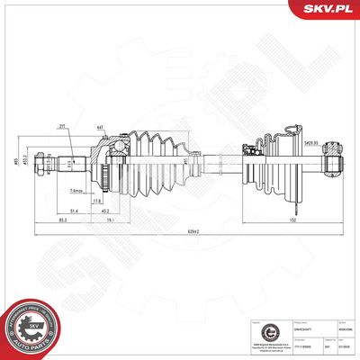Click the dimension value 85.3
click(62, 219)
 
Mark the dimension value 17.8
click(123, 201)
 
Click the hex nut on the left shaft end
click(69, 163)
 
